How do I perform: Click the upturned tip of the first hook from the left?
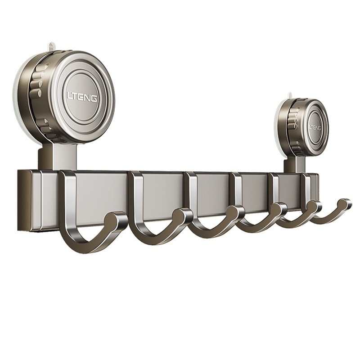119,217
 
